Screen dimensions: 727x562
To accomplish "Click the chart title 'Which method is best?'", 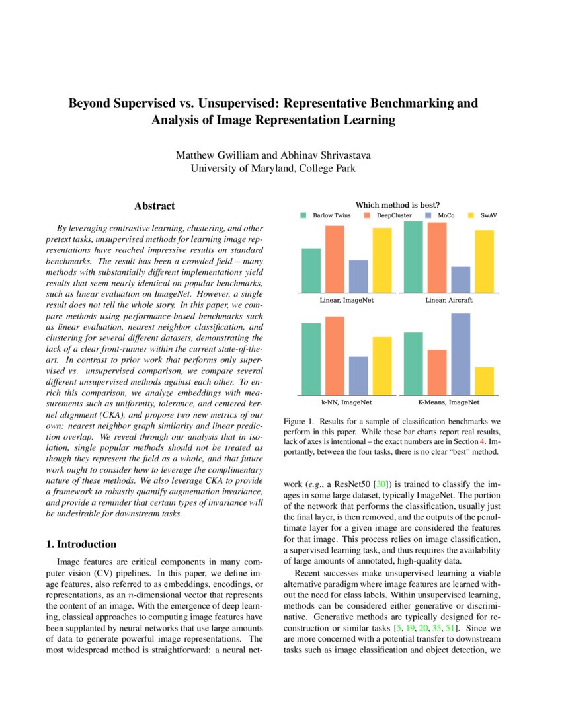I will tap(398, 204).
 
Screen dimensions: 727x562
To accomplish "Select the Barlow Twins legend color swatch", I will tap(303, 215).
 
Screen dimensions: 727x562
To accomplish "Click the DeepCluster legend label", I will tap(394, 215).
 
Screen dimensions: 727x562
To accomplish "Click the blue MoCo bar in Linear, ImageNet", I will tap(358, 276).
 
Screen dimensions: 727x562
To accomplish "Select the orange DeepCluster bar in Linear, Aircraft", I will tap(437, 258).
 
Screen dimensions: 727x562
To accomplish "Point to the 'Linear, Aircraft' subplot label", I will tap(449, 300).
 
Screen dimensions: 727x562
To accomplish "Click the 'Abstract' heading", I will tap(154, 206).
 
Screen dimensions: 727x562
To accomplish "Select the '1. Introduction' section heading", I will tap(81, 544).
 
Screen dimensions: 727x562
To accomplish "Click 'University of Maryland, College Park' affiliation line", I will tap(273, 168).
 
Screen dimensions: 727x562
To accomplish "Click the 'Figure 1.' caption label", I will tap(299, 420).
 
